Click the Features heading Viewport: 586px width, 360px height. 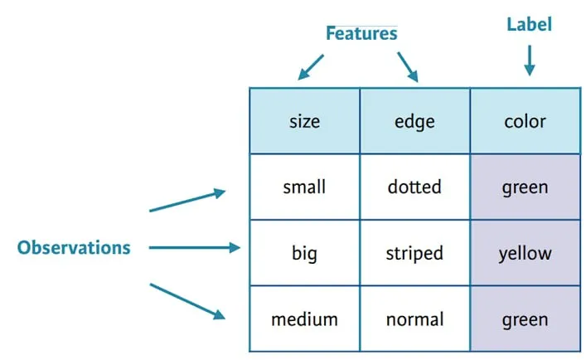click(x=361, y=33)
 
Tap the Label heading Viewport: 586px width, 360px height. click(x=529, y=24)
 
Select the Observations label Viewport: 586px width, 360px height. click(x=74, y=247)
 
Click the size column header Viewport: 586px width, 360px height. click(x=304, y=121)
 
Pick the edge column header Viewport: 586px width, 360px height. click(x=414, y=121)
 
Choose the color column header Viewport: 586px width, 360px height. click(x=525, y=121)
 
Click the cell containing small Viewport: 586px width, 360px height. click(x=304, y=187)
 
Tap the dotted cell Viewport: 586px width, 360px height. click(x=414, y=187)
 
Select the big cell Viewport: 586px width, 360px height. click(x=304, y=253)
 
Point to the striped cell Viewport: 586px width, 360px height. click(x=414, y=253)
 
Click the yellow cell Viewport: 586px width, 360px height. click(x=525, y=253)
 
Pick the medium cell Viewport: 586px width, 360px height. click(x=304, y=319)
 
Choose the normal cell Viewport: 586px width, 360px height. click(x=414, y=319)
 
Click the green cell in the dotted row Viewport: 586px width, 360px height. click(x=525, y=187)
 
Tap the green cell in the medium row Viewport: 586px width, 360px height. click(x=525, y=319)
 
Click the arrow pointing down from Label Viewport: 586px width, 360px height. click(x=529, y=61)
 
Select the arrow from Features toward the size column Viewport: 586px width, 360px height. click(x=311, y=67)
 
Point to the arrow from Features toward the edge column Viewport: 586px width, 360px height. click(x=408, y=67)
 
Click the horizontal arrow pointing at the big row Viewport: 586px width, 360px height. click(x=194, y=247)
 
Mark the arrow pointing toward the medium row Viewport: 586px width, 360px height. click(x=187, y=302)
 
